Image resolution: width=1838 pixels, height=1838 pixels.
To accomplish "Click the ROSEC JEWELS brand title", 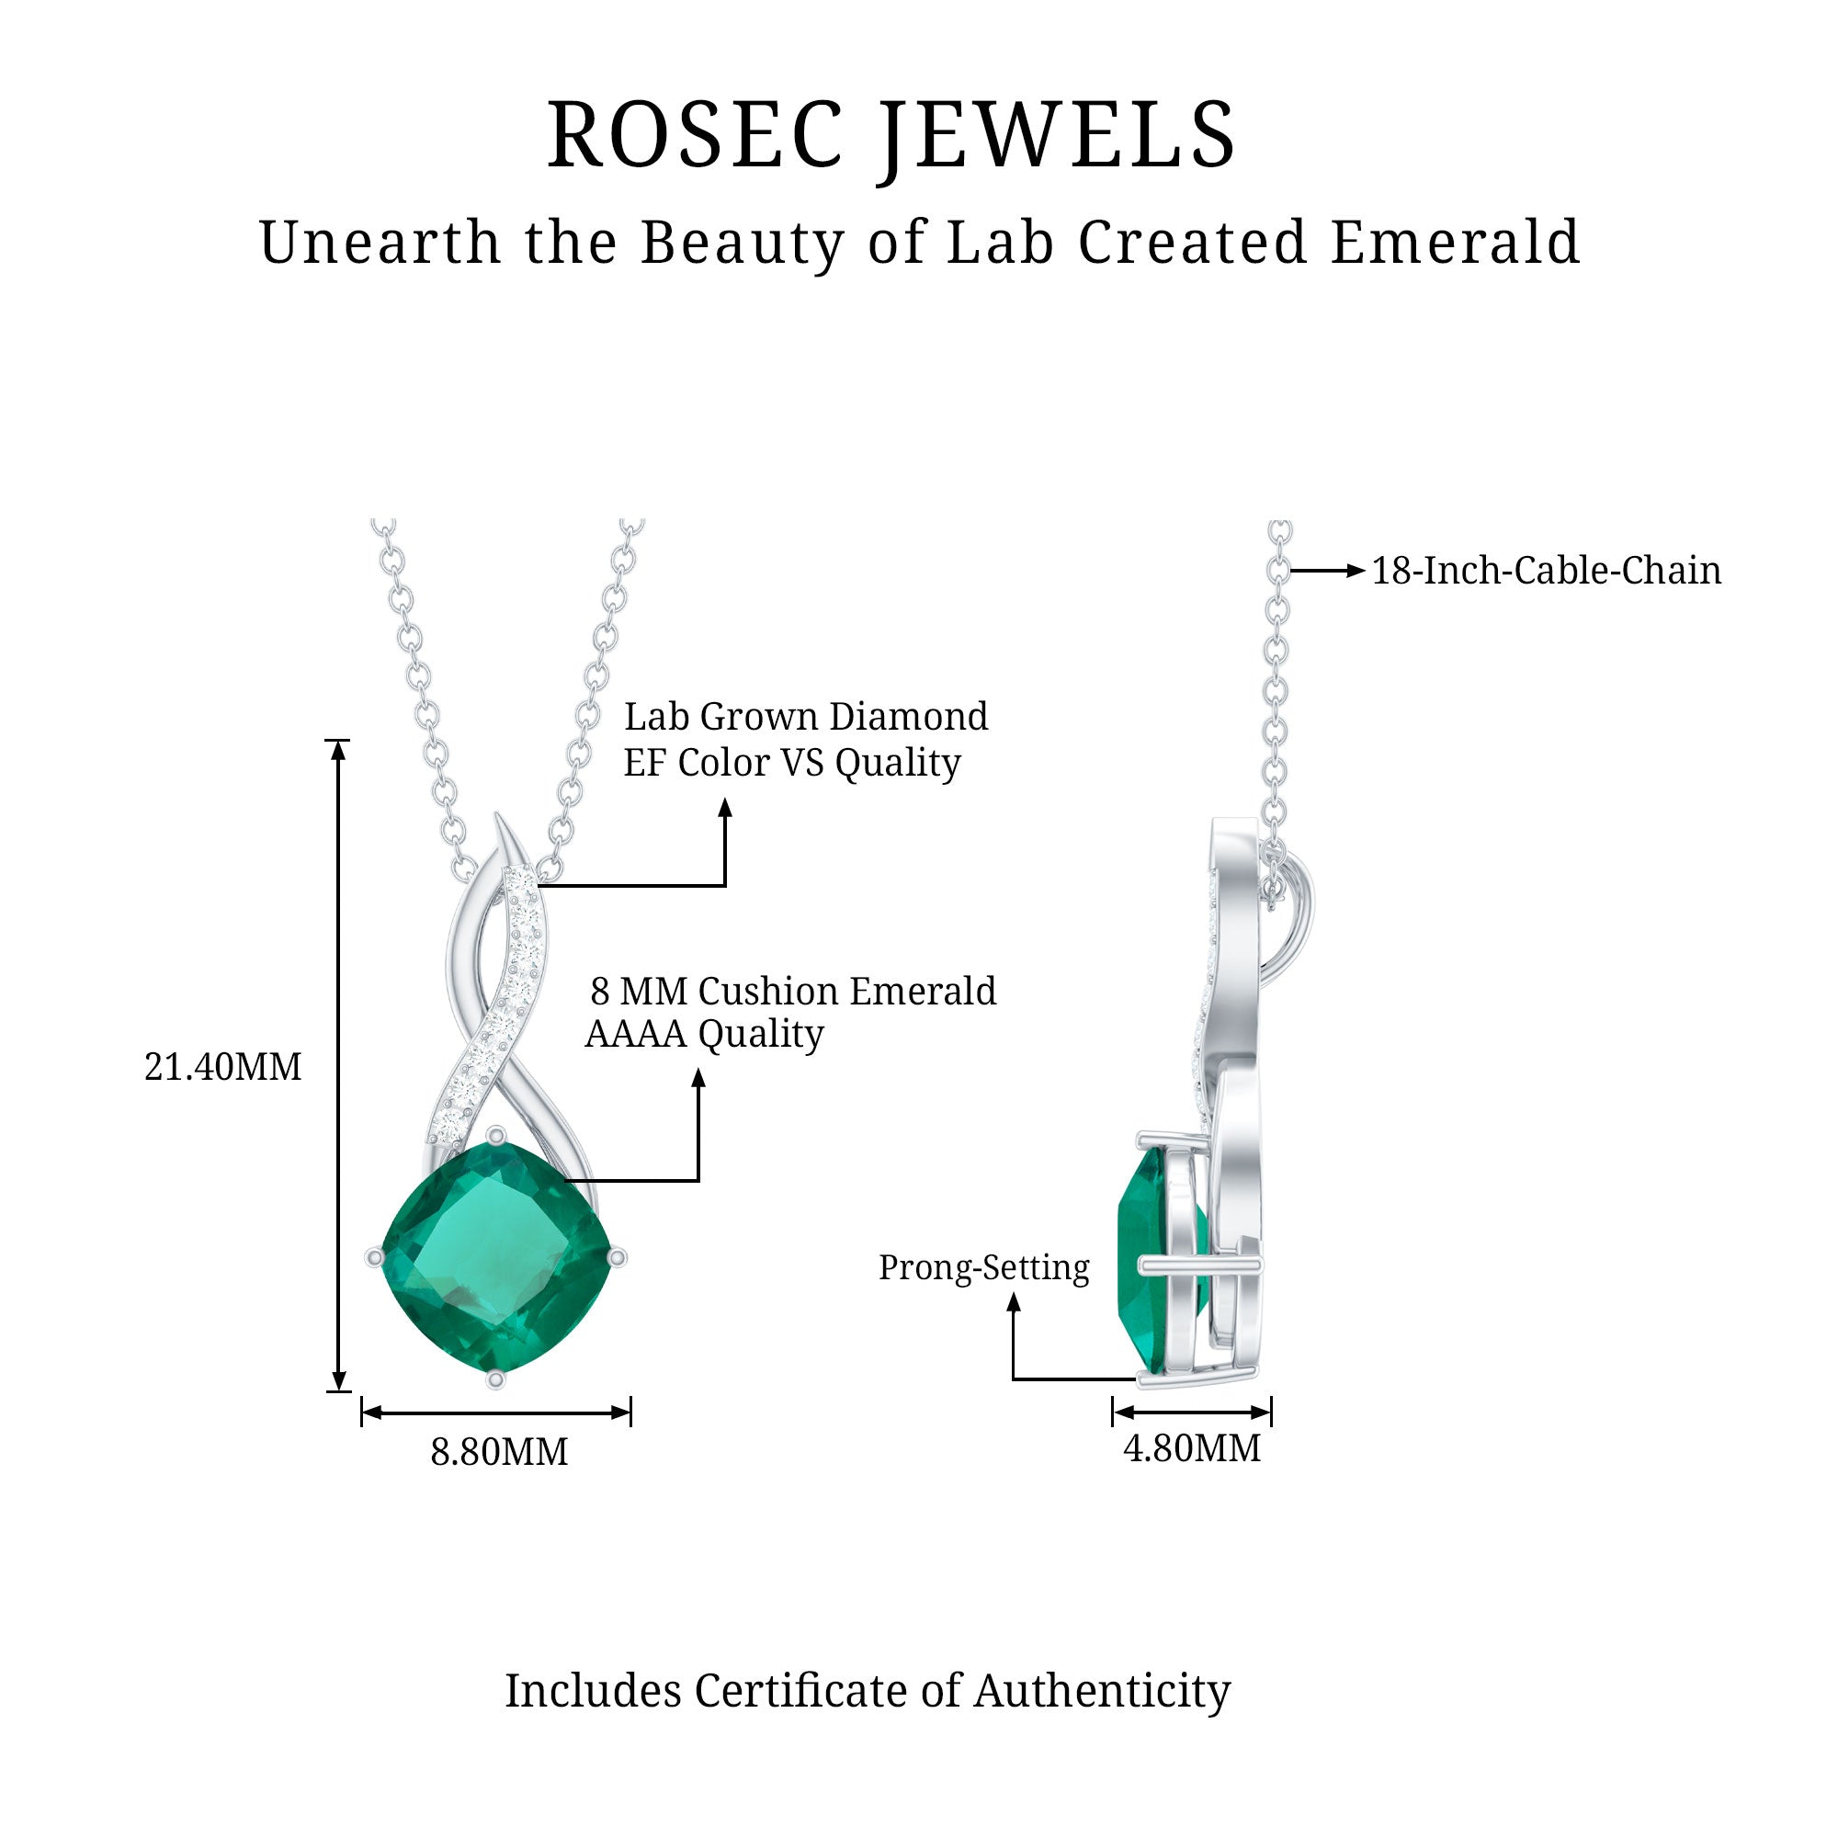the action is point(891,137).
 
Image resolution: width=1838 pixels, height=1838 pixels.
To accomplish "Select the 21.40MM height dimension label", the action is point(222,1067).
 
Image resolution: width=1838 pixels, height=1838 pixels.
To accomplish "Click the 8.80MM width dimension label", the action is point(498,1452).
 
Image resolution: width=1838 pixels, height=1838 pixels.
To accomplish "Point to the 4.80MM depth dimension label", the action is point(1192,1449).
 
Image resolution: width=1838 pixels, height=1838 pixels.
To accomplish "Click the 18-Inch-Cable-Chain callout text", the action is point(1546,571).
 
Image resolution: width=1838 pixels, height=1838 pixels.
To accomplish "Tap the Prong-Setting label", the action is point(983,1268).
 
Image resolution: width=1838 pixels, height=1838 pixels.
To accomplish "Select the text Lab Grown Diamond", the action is point(806,717).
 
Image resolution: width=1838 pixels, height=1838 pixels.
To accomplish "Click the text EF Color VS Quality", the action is point(792,762).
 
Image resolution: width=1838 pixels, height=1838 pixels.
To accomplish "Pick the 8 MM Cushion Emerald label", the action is point(792,992).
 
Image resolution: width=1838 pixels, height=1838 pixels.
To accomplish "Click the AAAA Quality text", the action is point(705,1034).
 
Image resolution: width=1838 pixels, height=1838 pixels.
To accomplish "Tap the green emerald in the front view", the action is point(495,1258).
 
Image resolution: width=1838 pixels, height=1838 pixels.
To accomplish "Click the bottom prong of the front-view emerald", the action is point(494,1379).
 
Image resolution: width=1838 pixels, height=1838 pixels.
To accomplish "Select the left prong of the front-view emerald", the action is point(375,1258).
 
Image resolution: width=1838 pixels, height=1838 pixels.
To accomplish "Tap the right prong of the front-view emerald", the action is point(617,1258).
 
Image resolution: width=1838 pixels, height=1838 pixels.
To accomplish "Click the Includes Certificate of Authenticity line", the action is point(868,1691).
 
